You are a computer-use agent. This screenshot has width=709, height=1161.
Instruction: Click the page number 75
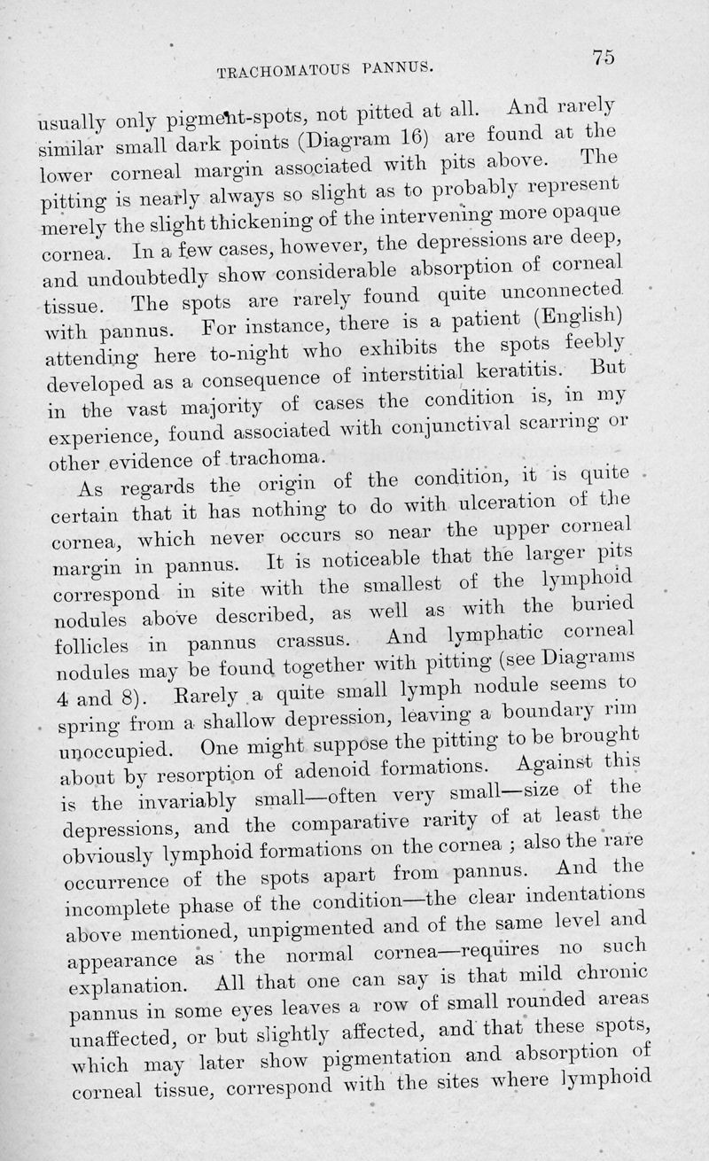(x=604, y=56)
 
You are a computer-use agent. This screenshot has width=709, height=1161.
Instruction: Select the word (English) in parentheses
(x=580, y=315)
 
